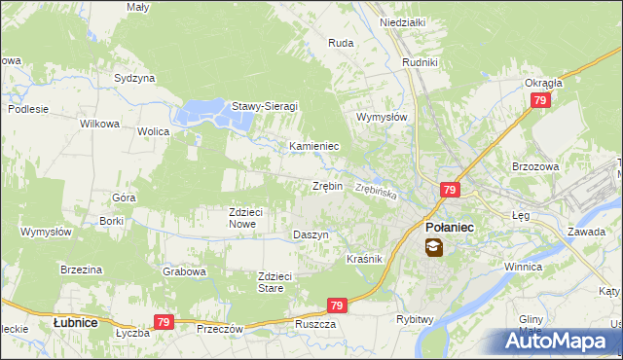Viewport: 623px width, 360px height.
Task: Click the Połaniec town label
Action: (450, 227)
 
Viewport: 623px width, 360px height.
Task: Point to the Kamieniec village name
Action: (313, 146)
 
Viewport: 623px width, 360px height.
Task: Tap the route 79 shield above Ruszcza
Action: (337, 306)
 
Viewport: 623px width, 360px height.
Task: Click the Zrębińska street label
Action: (377, 192)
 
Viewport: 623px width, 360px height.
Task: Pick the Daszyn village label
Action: (311, 235)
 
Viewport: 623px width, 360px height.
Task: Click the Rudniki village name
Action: (421, 63)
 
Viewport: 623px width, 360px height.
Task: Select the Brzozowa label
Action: (535, 166)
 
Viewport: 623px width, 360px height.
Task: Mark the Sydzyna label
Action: (134, 77)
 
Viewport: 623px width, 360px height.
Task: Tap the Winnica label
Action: (522, 266)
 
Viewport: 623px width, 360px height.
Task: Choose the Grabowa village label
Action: (185, 271)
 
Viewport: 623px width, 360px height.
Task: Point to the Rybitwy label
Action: (414, 319)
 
